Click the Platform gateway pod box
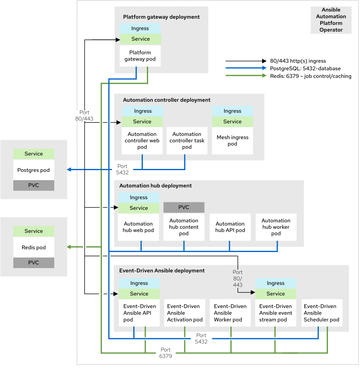[x=140, y=56]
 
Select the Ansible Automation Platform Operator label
[x=331, y=20]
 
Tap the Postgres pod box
[x=33, y=170]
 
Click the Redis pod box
[x=33, y=248]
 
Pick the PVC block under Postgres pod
[x=33, y=185]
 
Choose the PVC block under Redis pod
[x=33, y=262]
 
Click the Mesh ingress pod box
[x=232, y=140]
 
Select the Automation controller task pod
[x=187, y=140]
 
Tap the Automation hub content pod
[x=183, y=227]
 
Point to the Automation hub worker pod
[x=276, y=227]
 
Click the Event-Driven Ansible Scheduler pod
[x=321, y=313]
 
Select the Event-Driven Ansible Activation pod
[x=184, y=313]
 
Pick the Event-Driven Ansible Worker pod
[x=230, y=313]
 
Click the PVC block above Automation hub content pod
[x=183, y=207]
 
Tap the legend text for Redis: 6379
[x=310, y=76]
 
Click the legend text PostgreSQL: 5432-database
[x=305, y=69]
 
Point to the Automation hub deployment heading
[x=155, y=186]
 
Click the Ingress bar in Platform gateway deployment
[x=140, y=28]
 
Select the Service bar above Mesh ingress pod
[x=232, y=122]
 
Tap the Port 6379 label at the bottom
[x=165, y=353]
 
